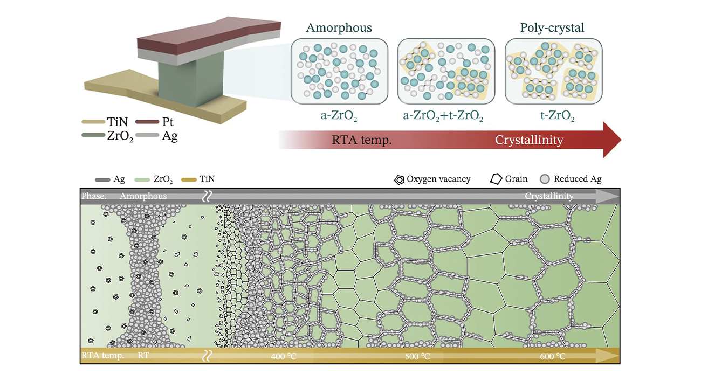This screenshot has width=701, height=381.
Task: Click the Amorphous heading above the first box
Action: click(339, 27)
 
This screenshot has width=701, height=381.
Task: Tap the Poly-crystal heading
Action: click(553, 27)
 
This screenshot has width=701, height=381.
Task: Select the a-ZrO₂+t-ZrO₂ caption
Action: click(446, 115)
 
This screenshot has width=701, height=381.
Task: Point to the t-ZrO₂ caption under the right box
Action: click(553, 115)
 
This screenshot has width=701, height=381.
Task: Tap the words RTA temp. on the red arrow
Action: click(361, 141)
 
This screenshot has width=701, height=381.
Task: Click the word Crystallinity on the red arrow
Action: click(529, 141)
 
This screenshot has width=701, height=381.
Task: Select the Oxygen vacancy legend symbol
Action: click(400, 179)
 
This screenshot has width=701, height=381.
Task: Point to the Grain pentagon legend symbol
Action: click(495, 179)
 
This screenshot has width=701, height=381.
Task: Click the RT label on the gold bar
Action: click(143, 356)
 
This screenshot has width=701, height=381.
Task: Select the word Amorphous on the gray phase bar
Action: click(143, 197)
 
